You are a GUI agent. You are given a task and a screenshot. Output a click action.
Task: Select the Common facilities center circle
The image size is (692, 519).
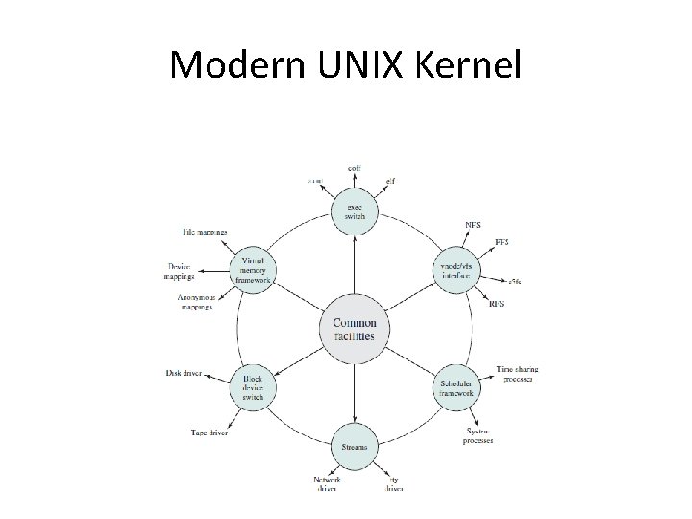(x=354, y=330)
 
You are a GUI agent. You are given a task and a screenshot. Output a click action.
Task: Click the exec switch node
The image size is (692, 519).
(x=355, y=210)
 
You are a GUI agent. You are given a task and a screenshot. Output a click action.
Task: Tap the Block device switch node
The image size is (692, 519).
(x=254, y=388)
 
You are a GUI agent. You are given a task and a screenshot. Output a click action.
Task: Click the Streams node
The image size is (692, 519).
(x=355, y=447)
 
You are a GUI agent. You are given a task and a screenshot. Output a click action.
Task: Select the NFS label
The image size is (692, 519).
(x=473, y=226)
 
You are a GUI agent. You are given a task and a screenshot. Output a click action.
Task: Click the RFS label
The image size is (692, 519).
(x=497, y=305)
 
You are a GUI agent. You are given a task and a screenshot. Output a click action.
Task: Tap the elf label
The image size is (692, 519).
(x=390, y=179)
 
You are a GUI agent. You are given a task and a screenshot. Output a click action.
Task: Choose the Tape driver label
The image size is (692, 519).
(x=209, y=433)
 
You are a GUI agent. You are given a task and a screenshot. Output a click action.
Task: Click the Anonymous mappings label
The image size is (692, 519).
(x=195, y=302)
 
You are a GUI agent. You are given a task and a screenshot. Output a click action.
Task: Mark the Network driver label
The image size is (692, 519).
(x=327, y=483)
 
